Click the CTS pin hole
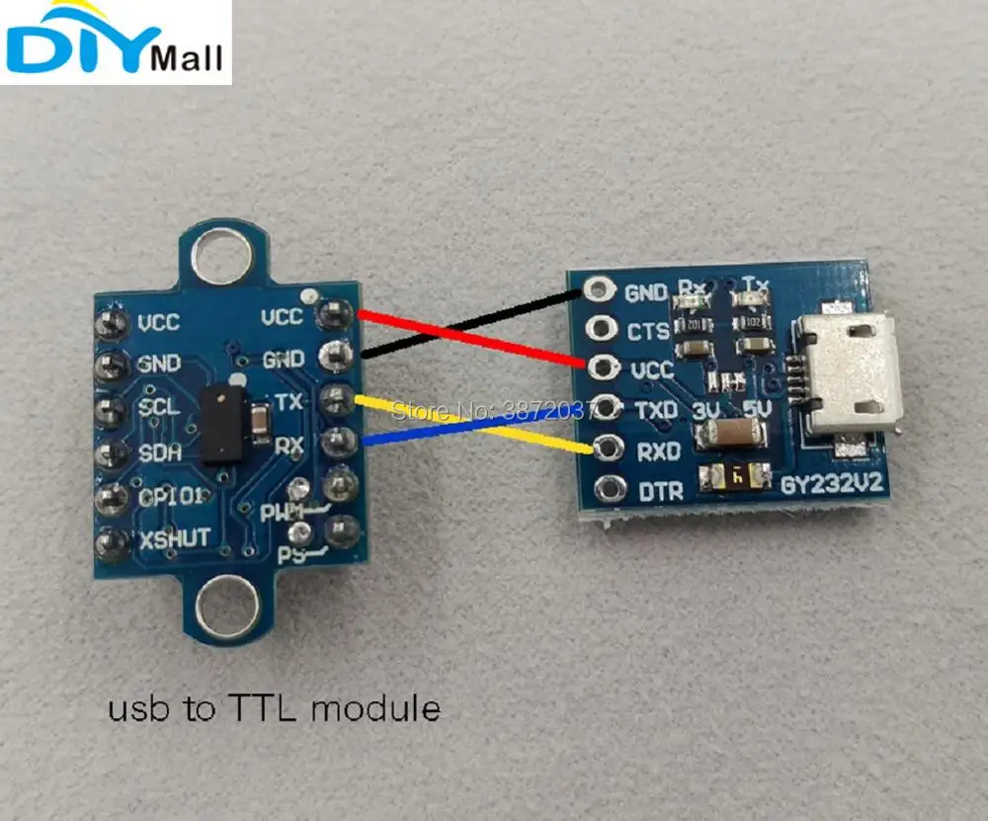(599, 328)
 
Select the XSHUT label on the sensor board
(173, 537)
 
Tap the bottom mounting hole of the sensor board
(225, 602)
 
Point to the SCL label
(159, 407)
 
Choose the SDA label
(158, 452)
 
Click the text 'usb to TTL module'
(274, 707)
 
